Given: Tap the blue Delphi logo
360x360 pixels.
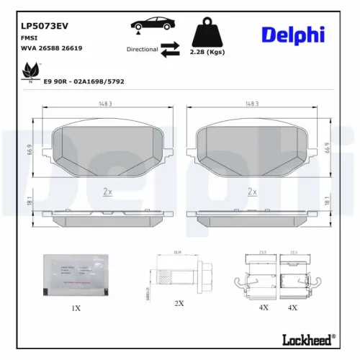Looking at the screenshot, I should [294, 35].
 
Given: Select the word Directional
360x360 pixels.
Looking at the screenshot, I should [142, 50].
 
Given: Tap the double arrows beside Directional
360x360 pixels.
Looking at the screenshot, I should [170, 49].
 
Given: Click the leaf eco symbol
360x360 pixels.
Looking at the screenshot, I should [32, 71].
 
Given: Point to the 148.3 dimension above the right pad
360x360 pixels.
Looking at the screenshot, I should [251, 103].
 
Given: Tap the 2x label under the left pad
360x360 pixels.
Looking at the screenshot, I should [108, 192].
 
